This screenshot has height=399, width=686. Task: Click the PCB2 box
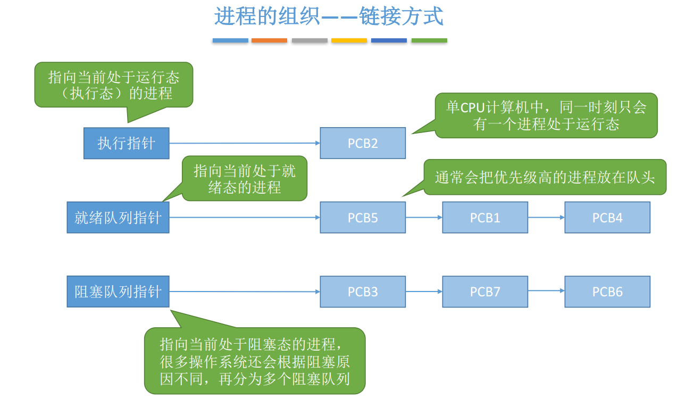coord(363,143)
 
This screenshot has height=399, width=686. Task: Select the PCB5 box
coord(363,218)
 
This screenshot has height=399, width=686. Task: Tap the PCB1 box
coord(485,218)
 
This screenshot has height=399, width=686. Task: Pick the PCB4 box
coord(607,218)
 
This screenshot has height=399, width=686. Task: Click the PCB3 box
coord(363,292)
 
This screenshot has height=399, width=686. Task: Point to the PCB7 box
coord(485,292)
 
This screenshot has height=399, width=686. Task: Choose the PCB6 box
coord(607,292)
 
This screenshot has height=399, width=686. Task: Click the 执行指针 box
coord(127,143)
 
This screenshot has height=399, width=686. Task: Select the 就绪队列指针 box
coord(118,218)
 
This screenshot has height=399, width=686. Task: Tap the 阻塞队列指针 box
coord(118,292)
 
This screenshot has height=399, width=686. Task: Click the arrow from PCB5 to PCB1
coord(424,218)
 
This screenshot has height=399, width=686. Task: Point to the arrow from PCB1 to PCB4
coord(546,218)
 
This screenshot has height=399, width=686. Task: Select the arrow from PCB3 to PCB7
coord(424,292)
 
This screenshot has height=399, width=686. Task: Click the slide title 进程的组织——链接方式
coord(329,16)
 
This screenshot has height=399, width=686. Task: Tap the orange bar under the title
coord(269,40)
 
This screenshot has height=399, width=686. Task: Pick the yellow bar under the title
coord(349,40)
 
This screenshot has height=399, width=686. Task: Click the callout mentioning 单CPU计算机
coord(546,115)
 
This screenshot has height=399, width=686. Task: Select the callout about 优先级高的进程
coord(545,177)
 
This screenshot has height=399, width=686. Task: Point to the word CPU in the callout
coord(472,108)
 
